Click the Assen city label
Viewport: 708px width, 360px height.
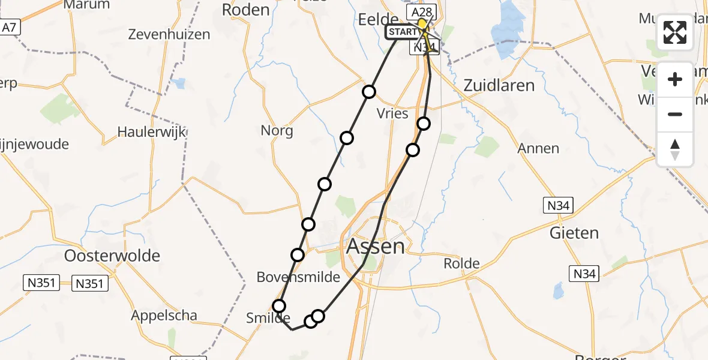376,247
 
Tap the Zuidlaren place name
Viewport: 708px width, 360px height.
499,85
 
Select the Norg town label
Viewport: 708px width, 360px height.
277,130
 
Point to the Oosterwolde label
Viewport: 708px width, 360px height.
113,256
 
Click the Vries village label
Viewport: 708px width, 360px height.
392,113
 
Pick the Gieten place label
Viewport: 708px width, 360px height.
574,233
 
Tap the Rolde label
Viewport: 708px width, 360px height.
461,263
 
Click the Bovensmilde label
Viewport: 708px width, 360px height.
298,277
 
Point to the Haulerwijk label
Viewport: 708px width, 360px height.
152,131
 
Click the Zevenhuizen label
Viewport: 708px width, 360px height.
169,34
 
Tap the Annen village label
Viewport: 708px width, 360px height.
538,148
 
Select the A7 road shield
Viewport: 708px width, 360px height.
8,28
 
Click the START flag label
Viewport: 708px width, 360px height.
401,32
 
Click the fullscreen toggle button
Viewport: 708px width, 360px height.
675,32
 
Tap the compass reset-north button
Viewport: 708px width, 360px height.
675,149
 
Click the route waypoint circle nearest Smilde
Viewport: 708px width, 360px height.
279,306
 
